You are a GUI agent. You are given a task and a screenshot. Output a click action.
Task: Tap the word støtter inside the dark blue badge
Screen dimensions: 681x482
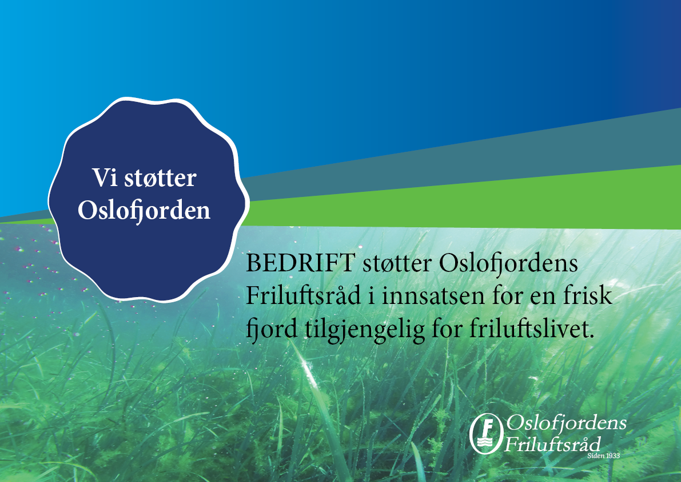160,178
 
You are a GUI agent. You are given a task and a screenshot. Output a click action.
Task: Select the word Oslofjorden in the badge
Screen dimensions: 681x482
144,211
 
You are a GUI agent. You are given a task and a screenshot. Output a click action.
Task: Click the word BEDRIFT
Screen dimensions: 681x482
300,263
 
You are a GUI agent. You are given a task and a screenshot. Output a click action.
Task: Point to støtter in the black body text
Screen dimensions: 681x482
397,263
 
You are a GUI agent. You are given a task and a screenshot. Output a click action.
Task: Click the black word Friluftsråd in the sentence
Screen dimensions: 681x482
304,295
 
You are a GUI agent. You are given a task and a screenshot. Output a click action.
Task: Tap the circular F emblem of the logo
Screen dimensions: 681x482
487,433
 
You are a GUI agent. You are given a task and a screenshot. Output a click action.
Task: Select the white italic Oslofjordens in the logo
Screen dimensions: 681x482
566,424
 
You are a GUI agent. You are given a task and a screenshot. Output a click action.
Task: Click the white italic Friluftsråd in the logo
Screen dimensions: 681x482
552,444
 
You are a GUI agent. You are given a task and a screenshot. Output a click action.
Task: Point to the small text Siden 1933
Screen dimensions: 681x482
603,456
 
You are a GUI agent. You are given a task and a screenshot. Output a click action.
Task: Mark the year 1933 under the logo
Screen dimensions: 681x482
613,456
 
